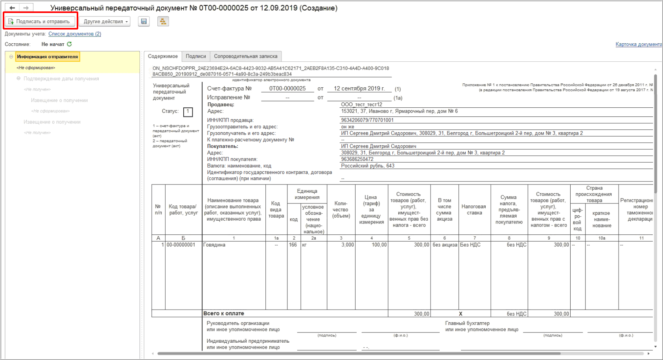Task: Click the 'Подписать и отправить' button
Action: coord(39,21)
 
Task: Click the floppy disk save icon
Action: coord(144,21)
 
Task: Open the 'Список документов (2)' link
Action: coord(75,34)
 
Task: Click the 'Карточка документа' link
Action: coord(639,44)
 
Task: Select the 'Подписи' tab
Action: coord(196,56)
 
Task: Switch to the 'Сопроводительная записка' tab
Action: coord(245,56)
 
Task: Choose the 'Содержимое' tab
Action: coord(163,56)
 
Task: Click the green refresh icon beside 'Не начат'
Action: coord(70,44)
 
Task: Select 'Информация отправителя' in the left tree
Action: coord(47,57)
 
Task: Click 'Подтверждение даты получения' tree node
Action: coord(61,79)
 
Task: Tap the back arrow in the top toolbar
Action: coord(12,8)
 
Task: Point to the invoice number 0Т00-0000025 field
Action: coord(287,89)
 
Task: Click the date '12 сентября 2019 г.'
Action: coord(359,89)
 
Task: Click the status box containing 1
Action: coord(188,112)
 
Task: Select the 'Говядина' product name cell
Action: coord(214,245)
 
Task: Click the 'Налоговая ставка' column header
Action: coord(474,209)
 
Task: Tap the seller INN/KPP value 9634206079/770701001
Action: coord(367,120)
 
